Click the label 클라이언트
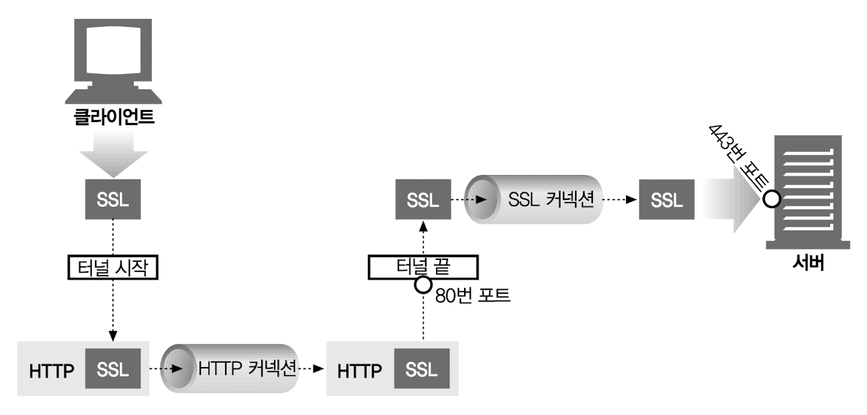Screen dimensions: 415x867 point(113,119)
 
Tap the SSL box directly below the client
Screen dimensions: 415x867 point(113,199)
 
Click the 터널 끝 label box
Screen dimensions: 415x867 point(423,268)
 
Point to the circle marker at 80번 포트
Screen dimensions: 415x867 point(423,285)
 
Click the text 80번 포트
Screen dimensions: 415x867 point(472,296)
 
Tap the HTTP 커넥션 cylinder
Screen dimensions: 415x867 point(230,369)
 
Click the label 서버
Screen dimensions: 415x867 point(808,263)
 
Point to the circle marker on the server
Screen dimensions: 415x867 point(771,199)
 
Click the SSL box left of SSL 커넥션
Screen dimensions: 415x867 point(423,199)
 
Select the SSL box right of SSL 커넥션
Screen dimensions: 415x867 point(667,199)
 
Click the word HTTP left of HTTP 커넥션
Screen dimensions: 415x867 point(52,370)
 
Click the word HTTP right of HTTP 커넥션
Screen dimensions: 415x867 point(359,370)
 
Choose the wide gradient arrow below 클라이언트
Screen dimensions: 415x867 point(113,153)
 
